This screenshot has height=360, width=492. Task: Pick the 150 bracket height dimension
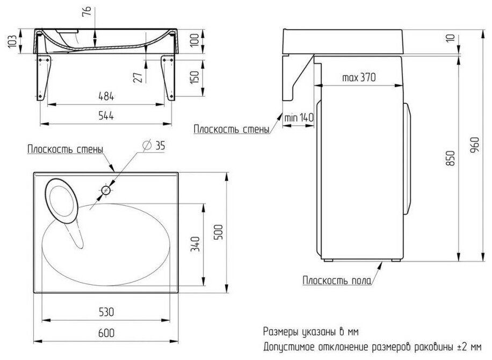pyautogui.click(x=194, y=76)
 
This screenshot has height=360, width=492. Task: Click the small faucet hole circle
pyautogui.click(x=106, y=190)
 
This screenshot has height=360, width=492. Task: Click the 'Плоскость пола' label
pyautogui.click(x=332, y=280)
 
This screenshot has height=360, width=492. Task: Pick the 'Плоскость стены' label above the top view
pyautogui.click(x=64, y=149)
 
